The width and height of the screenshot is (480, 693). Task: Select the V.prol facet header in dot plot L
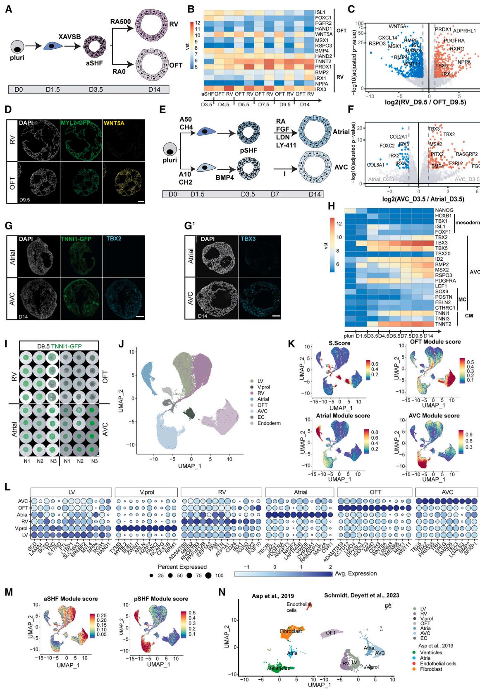click(x=147, y=492)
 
